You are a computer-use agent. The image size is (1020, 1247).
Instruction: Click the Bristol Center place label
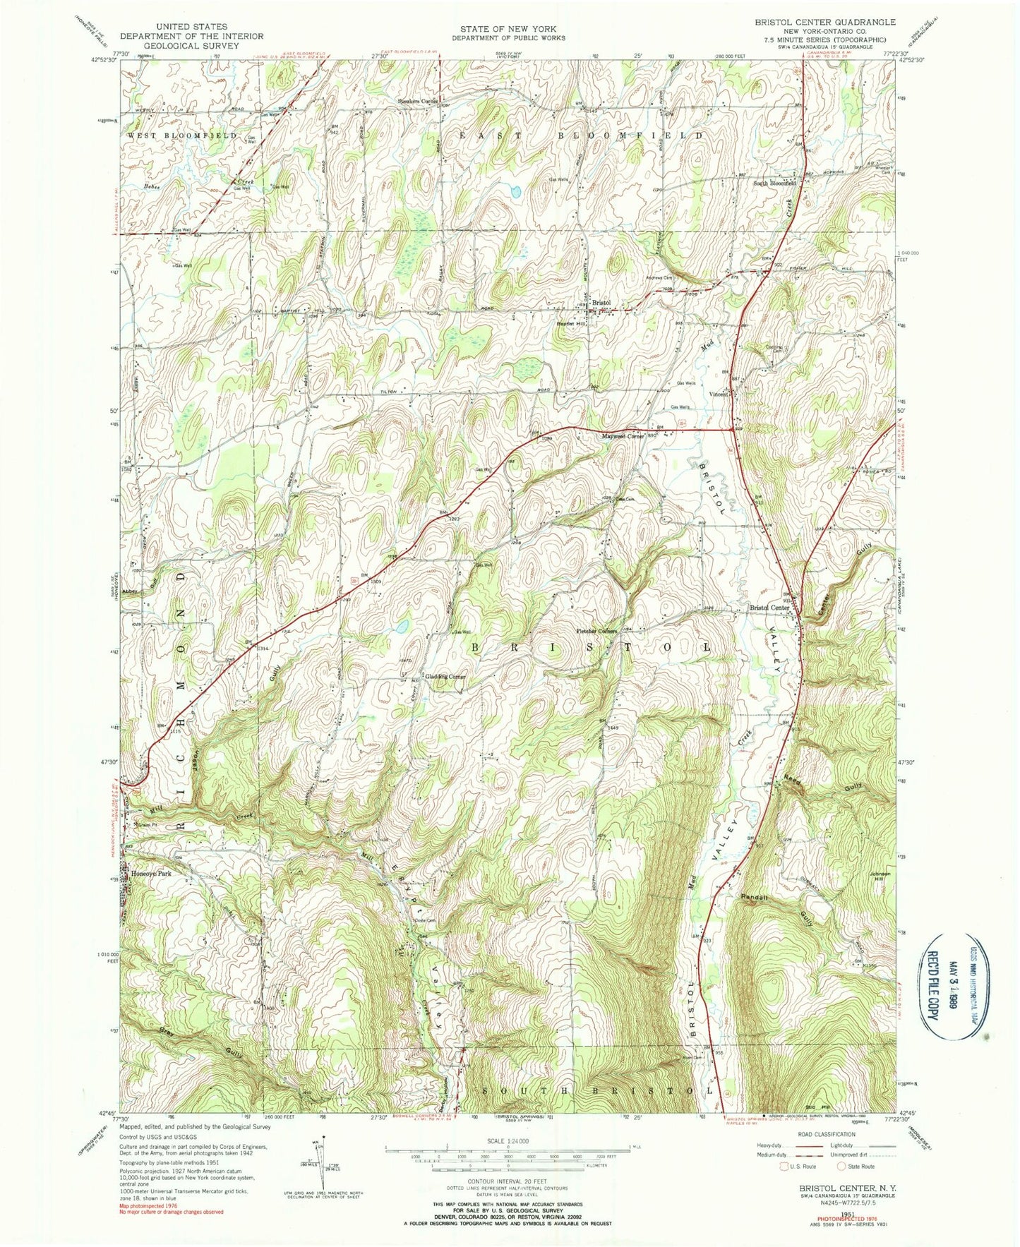click(769, 608)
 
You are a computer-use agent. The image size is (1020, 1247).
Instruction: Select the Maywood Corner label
click(623, 436)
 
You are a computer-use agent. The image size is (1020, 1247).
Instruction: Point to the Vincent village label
click(719, 394)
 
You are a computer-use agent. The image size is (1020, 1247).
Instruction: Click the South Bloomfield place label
click(774, 183)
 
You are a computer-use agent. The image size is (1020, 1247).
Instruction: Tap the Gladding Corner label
click(445, 677)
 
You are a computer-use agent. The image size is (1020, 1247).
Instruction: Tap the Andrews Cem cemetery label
click(660, 277)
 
